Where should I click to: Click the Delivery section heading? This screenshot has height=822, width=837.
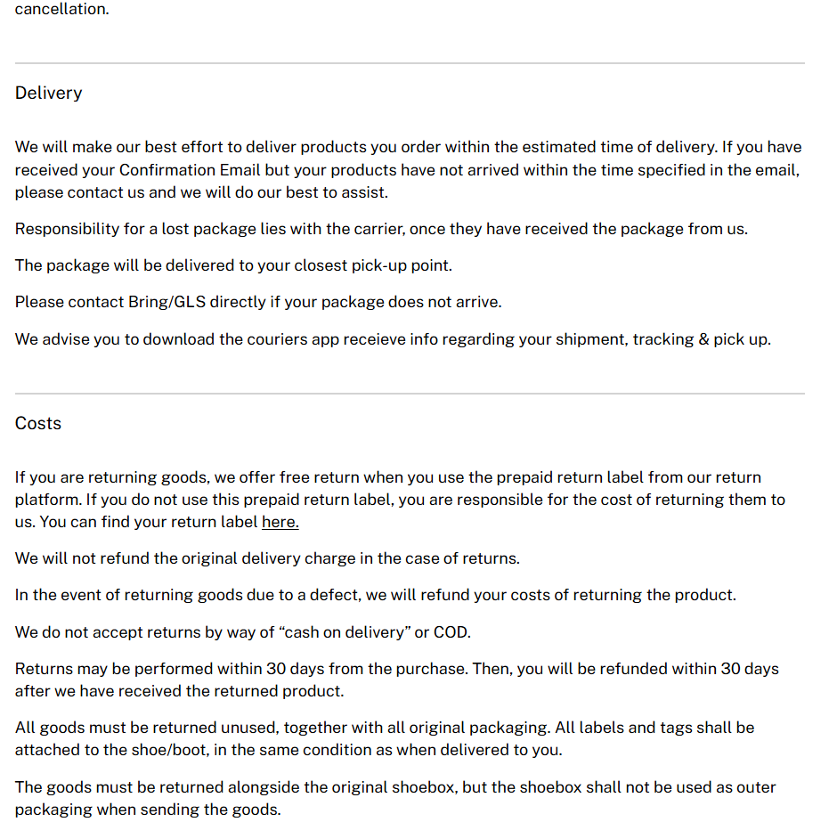coord(48,93)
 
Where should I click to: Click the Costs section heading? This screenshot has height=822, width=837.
coord(37,423)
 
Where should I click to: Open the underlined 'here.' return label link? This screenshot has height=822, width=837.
coord(280,522)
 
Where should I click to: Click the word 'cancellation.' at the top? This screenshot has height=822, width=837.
coord(61,11)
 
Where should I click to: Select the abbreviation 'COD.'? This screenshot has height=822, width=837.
coord(451,632)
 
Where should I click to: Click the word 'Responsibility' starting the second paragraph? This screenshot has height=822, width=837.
coord(66,229)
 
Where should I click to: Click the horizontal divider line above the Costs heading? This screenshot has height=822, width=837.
coord(410,393)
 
